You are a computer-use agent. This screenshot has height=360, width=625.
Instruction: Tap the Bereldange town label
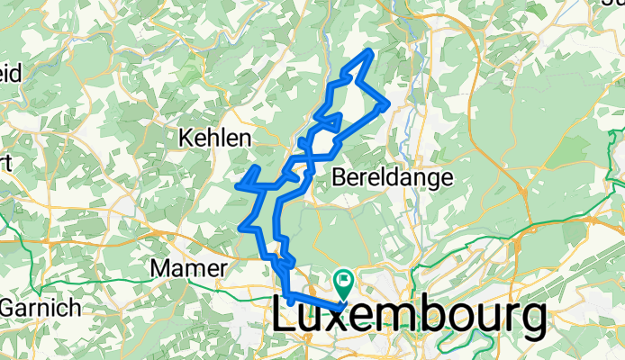point(392,177)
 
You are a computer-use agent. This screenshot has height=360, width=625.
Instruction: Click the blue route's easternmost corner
point(387,104)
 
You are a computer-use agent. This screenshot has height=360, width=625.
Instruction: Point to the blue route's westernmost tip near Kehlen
point(238,185)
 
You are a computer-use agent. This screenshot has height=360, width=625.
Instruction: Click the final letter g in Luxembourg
point(530,322)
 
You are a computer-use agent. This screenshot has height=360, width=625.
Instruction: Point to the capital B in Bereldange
point(340,177)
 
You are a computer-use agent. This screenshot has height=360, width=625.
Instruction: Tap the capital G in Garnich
point(10,308)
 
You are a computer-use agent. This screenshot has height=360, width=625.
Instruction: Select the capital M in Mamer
point(160,268)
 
